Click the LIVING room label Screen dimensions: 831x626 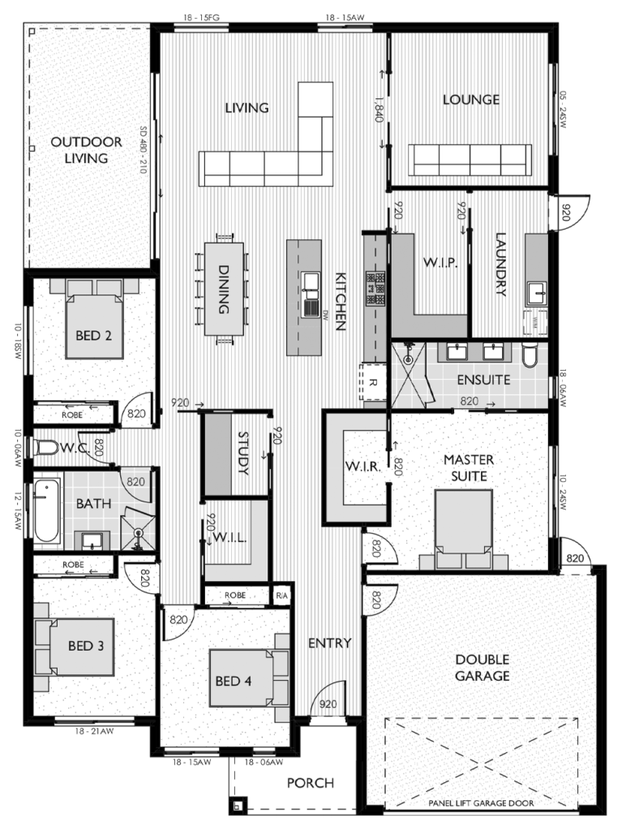pos(247,107)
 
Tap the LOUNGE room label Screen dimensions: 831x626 pos(471,100)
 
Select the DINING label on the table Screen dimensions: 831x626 pos(224,290)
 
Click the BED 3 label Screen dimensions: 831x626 pos(85,646)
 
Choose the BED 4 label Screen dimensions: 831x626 pos(233,681)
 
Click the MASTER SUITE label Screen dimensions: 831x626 pos(468,467)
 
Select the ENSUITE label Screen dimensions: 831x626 pos(482,380)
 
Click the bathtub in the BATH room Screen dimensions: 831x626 pos(47,511)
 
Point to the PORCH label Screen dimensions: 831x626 pos(310,783)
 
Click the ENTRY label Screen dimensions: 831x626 pos(329,644)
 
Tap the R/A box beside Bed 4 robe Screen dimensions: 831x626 pos(281,595)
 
